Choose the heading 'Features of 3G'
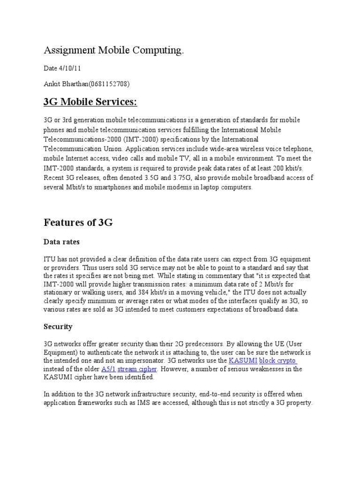click(78, 223)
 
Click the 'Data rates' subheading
click(62, 242)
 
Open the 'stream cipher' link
click(137, 369)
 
